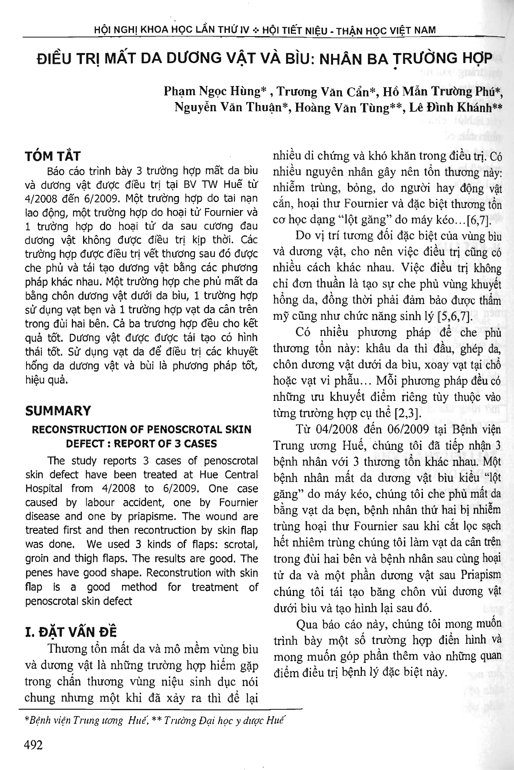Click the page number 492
[x=34, y=745]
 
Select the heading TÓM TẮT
[x=53, y=156]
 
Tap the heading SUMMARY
[x=58, y=411]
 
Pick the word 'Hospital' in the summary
[x=44, y=488]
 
